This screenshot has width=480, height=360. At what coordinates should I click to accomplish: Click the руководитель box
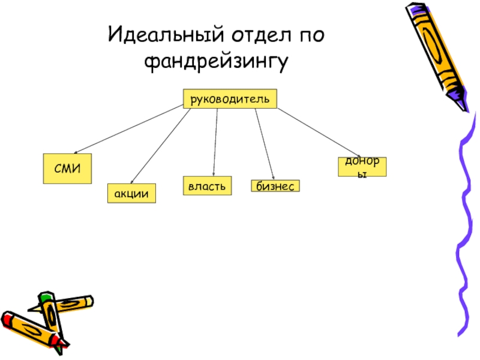coord(230,98)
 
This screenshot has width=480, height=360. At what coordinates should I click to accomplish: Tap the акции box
coord(131,193)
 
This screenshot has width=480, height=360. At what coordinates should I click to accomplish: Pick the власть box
coord(207,186)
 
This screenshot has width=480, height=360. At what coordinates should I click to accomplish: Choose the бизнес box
coord(275,187)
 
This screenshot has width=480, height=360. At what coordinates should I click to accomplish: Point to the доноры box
coord(362,166)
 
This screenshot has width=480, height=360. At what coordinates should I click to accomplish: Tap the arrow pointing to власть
coord(215,141)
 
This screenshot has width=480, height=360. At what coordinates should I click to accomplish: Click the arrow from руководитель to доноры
coord(318,131)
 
